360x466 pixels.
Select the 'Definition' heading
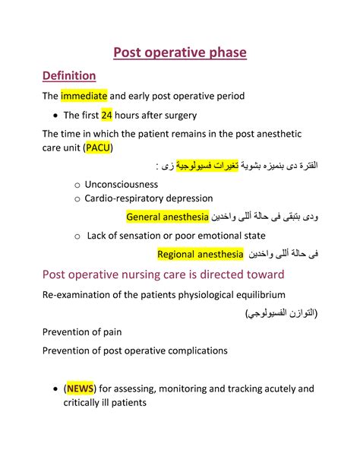68,76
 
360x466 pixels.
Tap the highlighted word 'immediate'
84,97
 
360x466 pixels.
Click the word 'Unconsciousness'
122,184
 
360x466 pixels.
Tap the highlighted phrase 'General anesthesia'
168,217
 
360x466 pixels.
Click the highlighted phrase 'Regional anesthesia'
200,254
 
